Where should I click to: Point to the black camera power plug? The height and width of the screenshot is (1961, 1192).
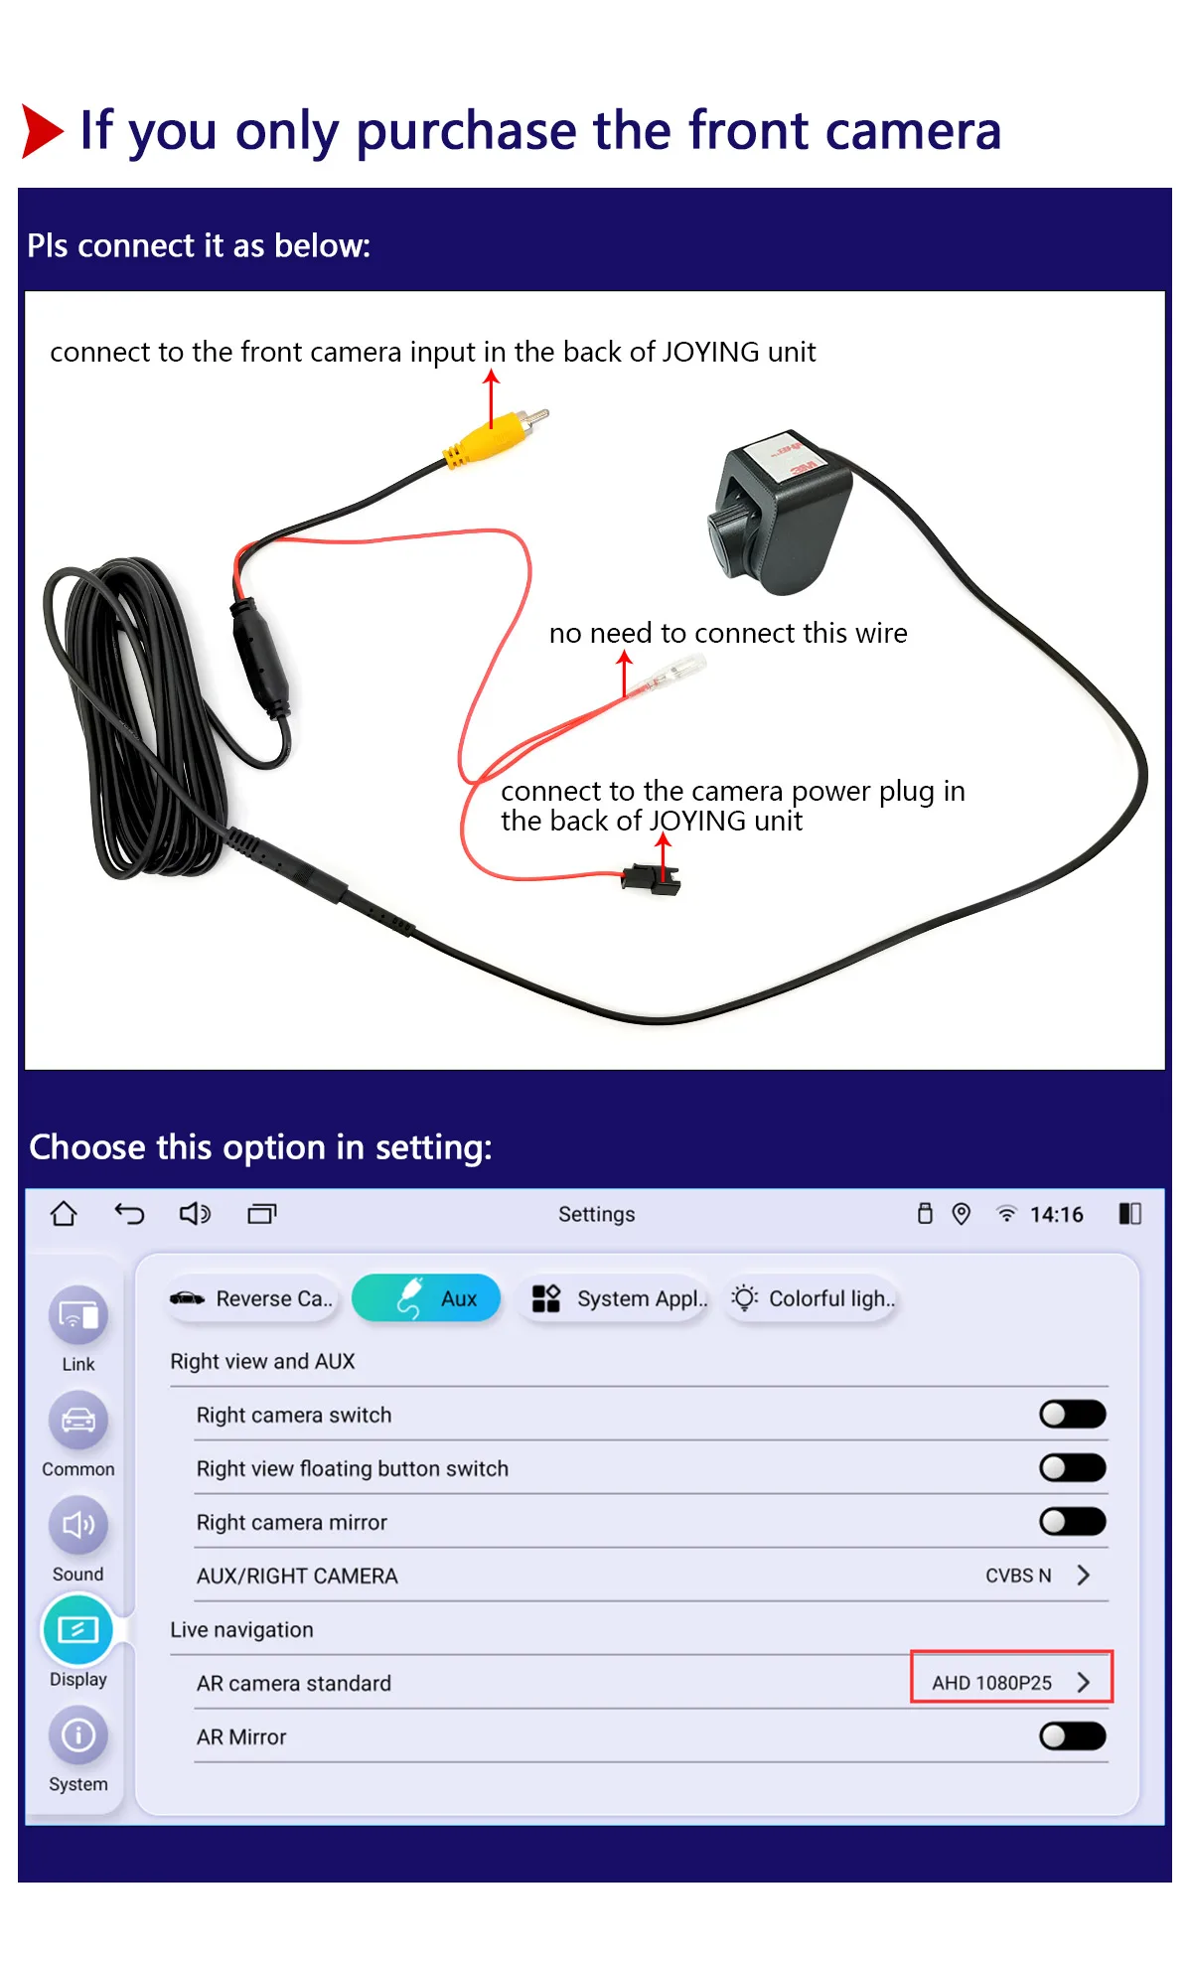point(652,878)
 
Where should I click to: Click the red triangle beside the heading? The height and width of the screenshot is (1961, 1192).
point(43,131)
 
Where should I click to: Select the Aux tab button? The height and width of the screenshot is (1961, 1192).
point(426,1298)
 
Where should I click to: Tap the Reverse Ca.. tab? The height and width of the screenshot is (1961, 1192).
point(253,1298)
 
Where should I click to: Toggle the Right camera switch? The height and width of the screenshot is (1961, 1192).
point(1073,1414)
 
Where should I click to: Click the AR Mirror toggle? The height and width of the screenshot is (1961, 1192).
point(1073,1735)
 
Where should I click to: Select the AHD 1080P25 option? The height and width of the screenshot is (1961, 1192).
point(1011,1682)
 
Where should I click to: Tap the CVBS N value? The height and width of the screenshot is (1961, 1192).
point(1018,1576)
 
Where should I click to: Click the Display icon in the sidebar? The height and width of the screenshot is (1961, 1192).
point(77,1630)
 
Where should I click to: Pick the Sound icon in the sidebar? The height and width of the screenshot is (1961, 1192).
point(77,1525)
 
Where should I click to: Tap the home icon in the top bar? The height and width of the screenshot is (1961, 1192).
point(64,1213)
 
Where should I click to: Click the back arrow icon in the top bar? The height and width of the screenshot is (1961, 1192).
point(129,1213)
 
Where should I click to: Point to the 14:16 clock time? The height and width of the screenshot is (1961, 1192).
point(1057,1214)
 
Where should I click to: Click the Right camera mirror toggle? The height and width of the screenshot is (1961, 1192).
point(1073,1521)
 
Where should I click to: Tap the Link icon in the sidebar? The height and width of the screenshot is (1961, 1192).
point(77,1315)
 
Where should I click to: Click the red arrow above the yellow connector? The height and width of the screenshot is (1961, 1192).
point(491,398)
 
